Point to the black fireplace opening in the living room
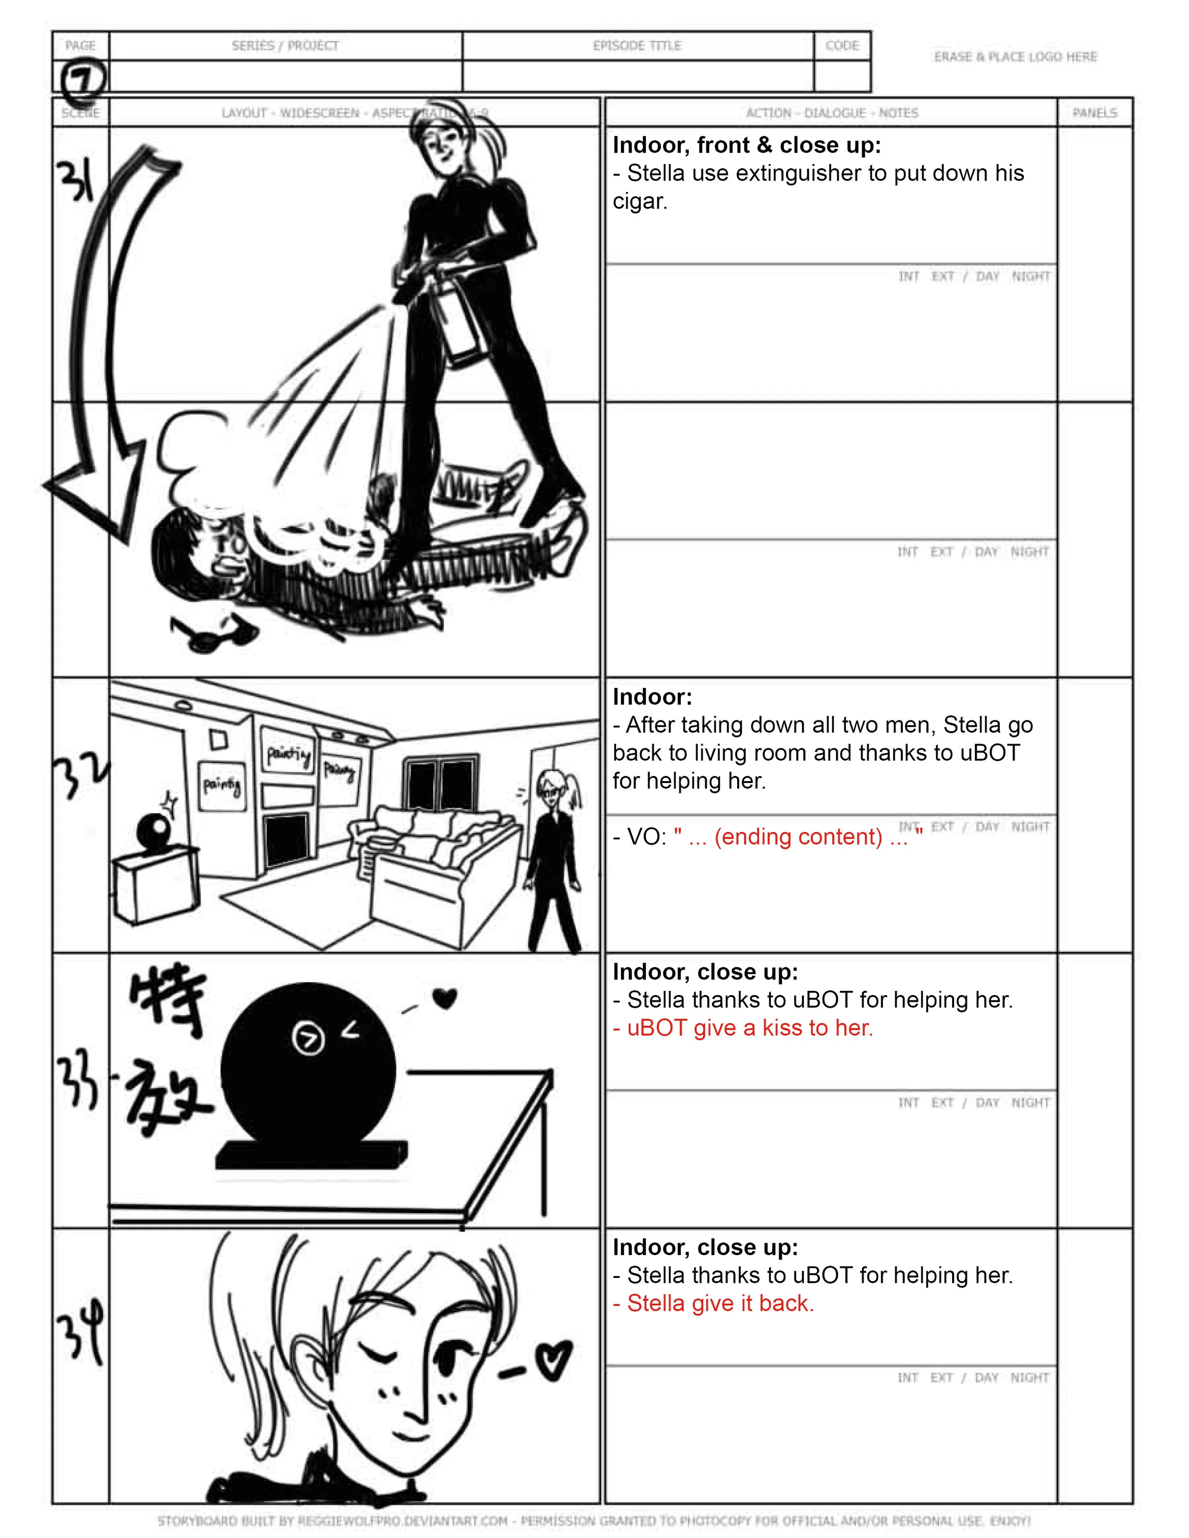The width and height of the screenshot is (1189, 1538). point(286,841)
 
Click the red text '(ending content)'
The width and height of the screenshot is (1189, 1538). point(798,837)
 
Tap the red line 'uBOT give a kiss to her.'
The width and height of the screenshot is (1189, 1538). point(743,1028)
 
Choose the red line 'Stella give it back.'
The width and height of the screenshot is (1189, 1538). point(713,1304)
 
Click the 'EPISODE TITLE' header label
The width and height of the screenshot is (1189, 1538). point(637,46)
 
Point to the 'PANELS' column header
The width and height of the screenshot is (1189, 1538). point(1095,113)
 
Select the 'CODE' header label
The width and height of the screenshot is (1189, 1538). point(842,46)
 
